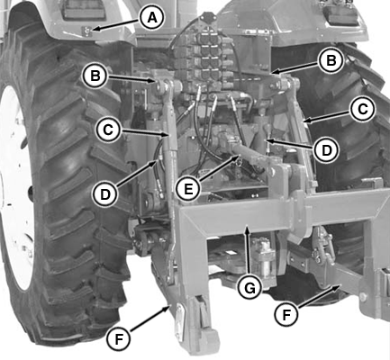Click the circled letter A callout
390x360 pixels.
pyautogui.click(x=154, y=16)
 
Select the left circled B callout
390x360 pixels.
pyautogui.click(x=95, y=75)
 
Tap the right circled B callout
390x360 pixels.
pyautogui.click(x=331, y=61)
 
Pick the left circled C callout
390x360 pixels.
pyautogui.click(x=107, y=129)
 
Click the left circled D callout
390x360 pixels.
pyautogui.click(x=105, y=193)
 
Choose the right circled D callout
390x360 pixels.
pyautogui.click(x=326, y=145)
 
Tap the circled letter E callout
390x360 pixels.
pyautogui.click(x=188, y=190)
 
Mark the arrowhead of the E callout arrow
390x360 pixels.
pyautogui.click(x=237, y=157)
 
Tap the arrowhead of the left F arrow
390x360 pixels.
pyautogui.click(x=169, y=308)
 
